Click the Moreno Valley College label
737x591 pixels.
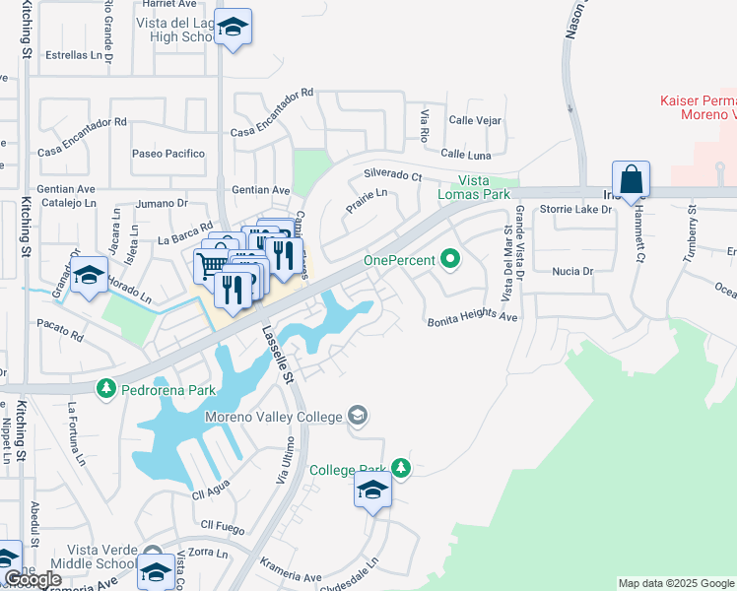coord(273,417)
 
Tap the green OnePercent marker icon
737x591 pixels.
coord(451,260)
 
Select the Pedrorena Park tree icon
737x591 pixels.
coord(105,390)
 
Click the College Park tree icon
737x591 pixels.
coord(400,469)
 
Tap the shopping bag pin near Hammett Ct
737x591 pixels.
coord(631,180)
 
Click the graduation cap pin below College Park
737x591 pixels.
coord(372,490)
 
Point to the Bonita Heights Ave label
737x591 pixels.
coord(472,318)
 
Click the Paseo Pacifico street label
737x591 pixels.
coord(168,154)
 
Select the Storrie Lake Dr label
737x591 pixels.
coord(576,209)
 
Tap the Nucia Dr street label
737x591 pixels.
coord(571,270)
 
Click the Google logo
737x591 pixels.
coord(33,579)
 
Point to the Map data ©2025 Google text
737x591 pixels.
coord(676,583)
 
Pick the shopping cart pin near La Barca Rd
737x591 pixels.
coord(211,263)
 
